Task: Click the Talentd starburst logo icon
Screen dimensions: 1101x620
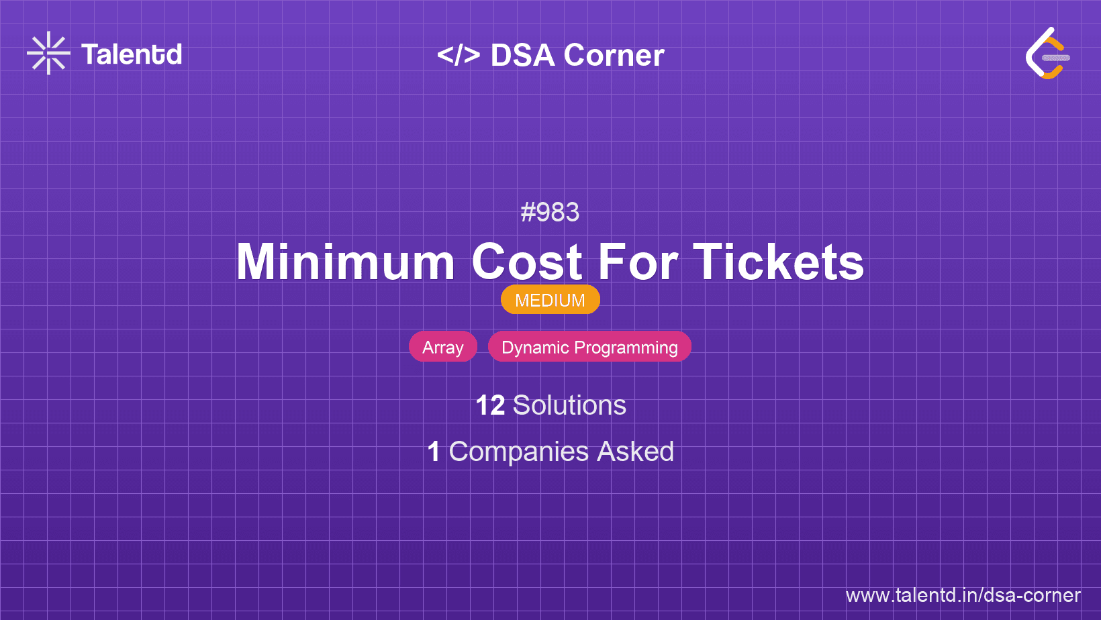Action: pyautogui.click(x=48, y=53)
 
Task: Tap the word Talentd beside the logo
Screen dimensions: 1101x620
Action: pyautogui.click(x=132, y=54)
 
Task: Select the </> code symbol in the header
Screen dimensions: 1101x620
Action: pyautogui.click(x=458, y=54)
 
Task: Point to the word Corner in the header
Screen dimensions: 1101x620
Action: pyautogui.click(x=614, y=55)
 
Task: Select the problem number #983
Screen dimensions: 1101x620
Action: pyautogui.click(x=550, y=212)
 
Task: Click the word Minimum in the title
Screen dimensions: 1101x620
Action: pyautogui.click(x=346, y=262)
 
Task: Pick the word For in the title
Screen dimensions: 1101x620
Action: pyautogui.click(x=638, y=262)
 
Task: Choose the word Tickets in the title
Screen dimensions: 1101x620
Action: pyautogui.click(x=778, y=262)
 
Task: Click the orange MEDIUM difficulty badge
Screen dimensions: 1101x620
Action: pyautogui.click(x=550, y=299)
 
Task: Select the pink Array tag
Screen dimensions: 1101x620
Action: pyautogui.click(x=443, y=346)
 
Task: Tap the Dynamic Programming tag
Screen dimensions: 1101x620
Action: pyautogui.click(x=589, y=346)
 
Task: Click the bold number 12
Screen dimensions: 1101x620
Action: pyautogui.click(x=490, y=405)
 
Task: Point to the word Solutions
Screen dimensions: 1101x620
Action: pyautogui.click(x=569, y=405)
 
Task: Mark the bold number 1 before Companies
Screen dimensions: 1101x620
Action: pyautogui.click(x=434, y=452)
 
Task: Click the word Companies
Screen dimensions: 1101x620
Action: pyautogui.click(x=518, y=452)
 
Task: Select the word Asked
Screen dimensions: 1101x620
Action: pyautogui.click(x=635, y=452)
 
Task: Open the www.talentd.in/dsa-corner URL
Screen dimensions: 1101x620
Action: pyautogui.click(x=963, y=595)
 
